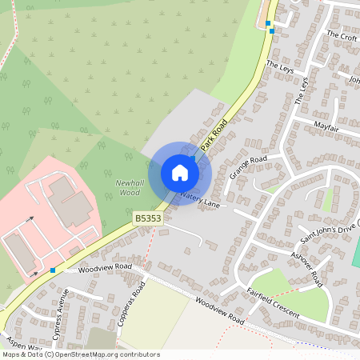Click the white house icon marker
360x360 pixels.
180,173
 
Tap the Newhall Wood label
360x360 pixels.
128,187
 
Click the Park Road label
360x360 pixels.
214,134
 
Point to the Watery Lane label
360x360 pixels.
199,199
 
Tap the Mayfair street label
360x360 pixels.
326,128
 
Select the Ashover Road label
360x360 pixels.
306,268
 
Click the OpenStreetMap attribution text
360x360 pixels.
80,354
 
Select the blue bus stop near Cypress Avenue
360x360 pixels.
53,270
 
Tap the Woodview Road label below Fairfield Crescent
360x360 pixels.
218,312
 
